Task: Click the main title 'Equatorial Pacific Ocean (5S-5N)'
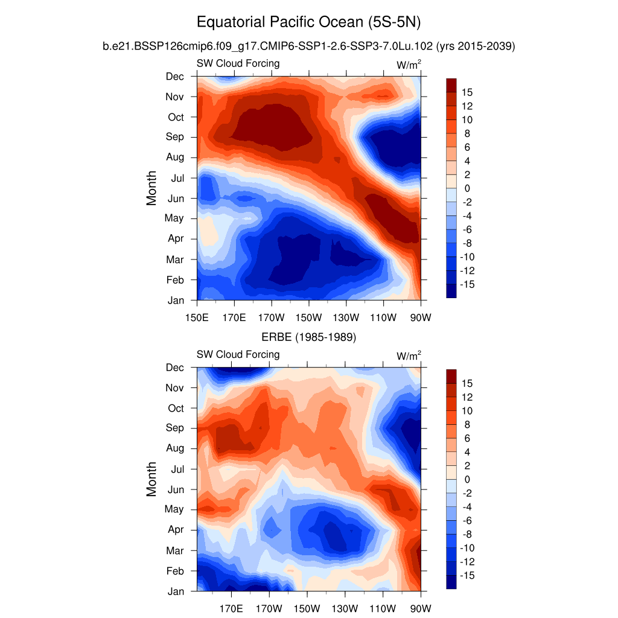pos(308,23)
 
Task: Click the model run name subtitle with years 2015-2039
pos(308,46)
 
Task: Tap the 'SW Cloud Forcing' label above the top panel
pos(238,63)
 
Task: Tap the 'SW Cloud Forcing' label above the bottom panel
pos(238,354)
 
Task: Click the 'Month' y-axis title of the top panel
pos(151,188)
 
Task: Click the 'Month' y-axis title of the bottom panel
pos(151,479)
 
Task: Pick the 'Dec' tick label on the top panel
pos(175,76)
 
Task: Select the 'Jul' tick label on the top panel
pos(177,178)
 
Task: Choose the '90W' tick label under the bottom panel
pos(420,608)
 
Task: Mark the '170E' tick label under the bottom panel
pos(234,608)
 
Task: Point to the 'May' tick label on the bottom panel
pos(174,509)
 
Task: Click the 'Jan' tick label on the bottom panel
pos(176,591)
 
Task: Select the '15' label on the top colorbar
pos(467,92)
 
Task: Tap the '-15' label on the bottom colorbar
pos(468,576)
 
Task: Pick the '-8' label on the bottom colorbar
pos(467,534)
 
